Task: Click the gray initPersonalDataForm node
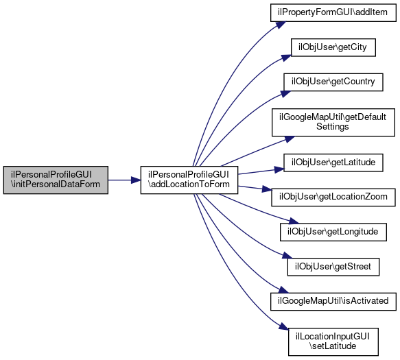pos(56,180)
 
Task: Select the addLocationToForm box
pos(189,180)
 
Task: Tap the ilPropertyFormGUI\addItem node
pos(333,12)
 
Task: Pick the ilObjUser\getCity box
pos(333,47)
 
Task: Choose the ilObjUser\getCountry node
pos(333,82)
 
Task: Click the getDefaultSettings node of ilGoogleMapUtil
pos(333,122)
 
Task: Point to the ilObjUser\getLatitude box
pos(333,163)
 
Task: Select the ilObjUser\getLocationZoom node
pos(333,197)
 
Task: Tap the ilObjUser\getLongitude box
pos(333,232)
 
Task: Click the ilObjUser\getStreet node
pos(333,267)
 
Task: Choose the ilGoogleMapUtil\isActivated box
pos(333,302)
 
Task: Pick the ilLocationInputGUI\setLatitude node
pos(333,342)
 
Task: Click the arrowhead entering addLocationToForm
pos(136,180)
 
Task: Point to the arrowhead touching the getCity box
pos(287,58)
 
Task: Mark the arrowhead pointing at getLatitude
pos(279,169)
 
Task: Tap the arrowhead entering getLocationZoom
pos(267,189)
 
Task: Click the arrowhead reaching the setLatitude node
pos(283,327)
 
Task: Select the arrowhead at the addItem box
pos(281,25)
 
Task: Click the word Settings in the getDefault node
pos(332,127)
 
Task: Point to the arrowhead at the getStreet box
pos(287,256)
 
